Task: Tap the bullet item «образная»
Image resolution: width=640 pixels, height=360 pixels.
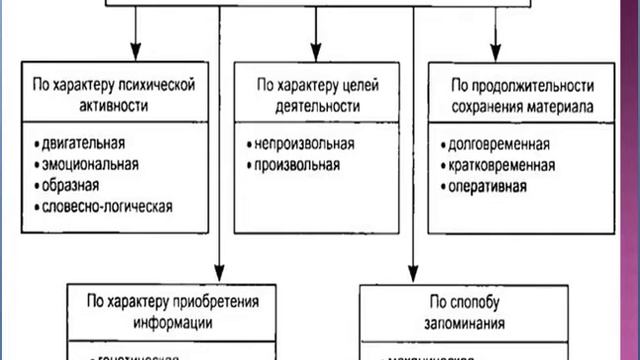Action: click(69, 186)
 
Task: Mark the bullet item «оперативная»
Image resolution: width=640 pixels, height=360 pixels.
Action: click(488, 186)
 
